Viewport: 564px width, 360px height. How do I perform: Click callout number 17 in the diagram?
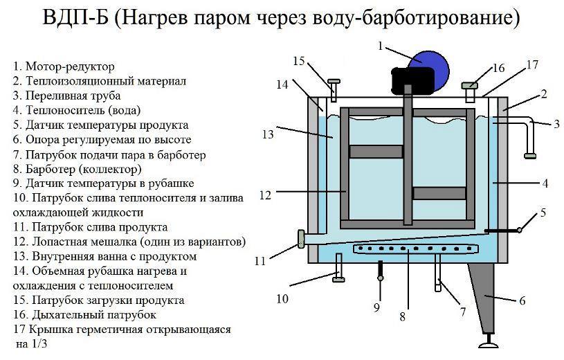tap(531, 65)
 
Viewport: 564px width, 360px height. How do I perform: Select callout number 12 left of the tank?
tap(265, 195)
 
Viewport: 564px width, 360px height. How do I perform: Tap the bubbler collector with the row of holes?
tap(408, 249)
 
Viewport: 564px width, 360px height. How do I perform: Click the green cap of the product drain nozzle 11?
tap(302, 240)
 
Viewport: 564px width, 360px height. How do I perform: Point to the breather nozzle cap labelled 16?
tap(470, 85)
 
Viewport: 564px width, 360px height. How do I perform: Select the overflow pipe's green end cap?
tap(531, 155)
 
